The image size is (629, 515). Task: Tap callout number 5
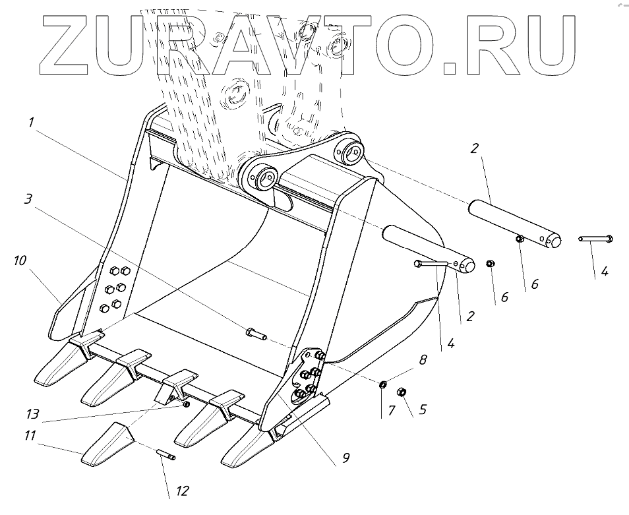[x=423, y=409]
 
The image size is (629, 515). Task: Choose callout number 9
[x=345, y=456]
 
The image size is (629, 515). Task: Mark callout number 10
[x=20, y=260]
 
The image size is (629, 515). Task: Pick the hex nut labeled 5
[x=401, y=393]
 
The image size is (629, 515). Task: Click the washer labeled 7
[x=382, y=384]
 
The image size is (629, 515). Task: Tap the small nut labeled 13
[x=187, y=404]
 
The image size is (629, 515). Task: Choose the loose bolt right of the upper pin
[x=596, y=239]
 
